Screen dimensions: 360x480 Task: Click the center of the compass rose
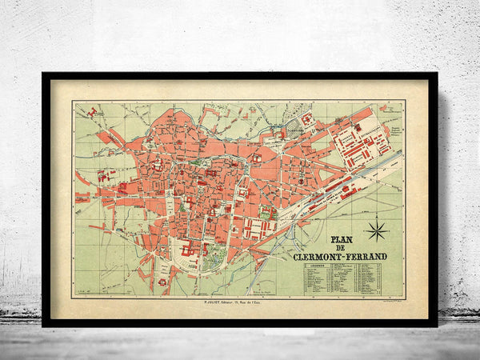click(376, 232)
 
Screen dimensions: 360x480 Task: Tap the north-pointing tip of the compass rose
click(376, 218)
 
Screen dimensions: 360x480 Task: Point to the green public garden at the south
click(213, 258)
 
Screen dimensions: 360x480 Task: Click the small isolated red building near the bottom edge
click(163, 282)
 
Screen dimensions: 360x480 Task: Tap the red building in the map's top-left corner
click(91, 113)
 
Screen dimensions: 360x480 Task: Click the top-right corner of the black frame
click(436, 74)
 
